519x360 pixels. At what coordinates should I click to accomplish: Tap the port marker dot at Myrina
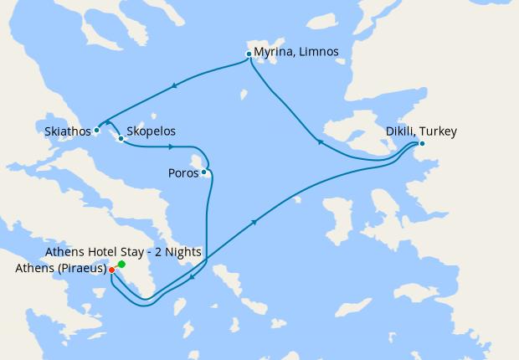point(249,54)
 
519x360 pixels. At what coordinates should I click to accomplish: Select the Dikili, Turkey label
point(420,131)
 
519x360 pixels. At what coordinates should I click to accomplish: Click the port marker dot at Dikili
point(422,143)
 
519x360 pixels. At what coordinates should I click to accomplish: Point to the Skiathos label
point(67,131)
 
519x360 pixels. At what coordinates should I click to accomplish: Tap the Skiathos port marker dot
point(97,130)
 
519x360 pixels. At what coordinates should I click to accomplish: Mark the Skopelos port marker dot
point(121,138)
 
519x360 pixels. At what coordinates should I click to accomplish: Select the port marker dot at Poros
point(204,172)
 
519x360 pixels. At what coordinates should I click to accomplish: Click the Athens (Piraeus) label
point(60,269)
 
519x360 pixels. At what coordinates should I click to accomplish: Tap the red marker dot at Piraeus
point(112,270)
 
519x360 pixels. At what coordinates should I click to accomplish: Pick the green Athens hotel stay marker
point(122,265)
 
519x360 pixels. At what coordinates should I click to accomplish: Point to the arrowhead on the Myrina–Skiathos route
point(174,85)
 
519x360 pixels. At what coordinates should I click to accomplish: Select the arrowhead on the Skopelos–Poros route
point(170,147)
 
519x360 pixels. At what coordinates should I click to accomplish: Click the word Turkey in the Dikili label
point(439,131)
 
